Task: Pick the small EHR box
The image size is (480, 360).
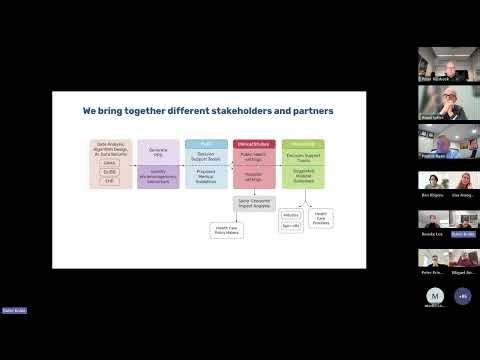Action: click(x=110, y=181)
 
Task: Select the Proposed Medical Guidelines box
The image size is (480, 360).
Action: click(x=206, y=176)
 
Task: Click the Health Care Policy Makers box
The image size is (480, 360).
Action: click(x=226, y=229)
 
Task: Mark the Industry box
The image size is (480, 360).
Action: click(x=291, y=215)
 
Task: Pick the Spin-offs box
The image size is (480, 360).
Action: click(x=291, y=227)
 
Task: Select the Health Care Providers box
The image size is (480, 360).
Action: click(x=321, y=217)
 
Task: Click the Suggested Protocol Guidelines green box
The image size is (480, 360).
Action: click(x=302, y=176)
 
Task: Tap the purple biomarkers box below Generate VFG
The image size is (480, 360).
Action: click(x=158, y=176)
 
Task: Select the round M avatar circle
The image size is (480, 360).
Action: click(x=435, y=296)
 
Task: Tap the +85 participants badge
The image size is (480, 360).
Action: click(x=461, y=296)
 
